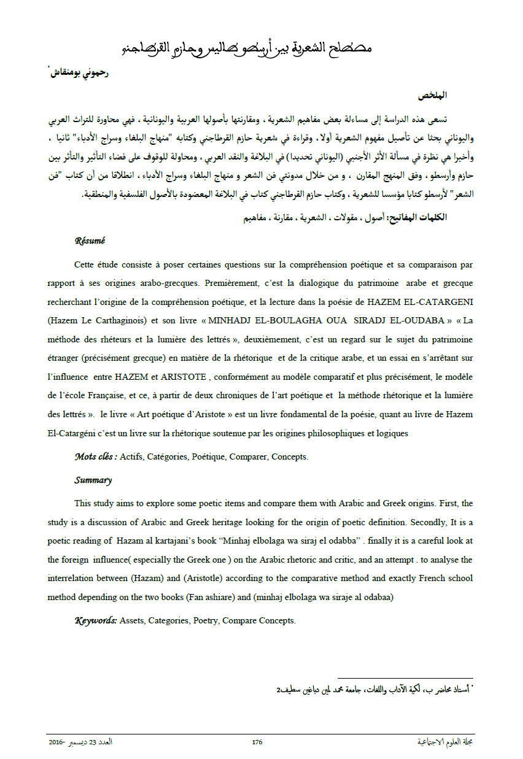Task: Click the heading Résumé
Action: point(90,241)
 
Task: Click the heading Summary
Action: point(93,480)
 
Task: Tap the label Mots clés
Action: point(95,457)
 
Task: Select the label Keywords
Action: point(96,620)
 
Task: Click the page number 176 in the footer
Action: point(257,742)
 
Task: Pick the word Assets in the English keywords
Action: point(132,620)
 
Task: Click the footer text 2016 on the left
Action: point(57,742)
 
